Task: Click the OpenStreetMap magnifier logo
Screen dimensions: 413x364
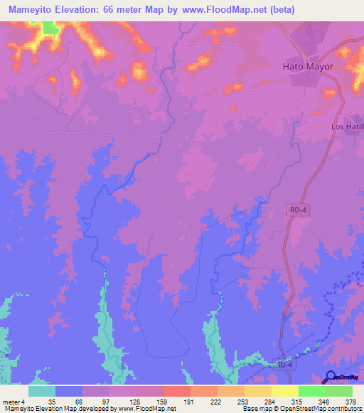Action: pyautogui.click(x=331, y=378)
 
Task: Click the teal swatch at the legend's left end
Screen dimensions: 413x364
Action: pyautogui.click(x=42, y=391)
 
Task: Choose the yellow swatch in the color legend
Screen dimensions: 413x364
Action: pyautogui.click(x=284, y=391)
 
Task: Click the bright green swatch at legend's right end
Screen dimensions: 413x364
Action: pyautogui.click(x=338, y=391)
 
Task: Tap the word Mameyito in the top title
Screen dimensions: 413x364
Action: pyautogui.click(x=33, y=10)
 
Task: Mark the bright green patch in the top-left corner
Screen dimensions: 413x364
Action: pyautogui.click(x=50, y=28)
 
